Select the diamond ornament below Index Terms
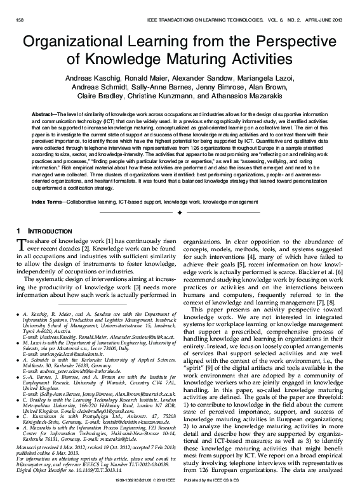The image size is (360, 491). tap(180, 195)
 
